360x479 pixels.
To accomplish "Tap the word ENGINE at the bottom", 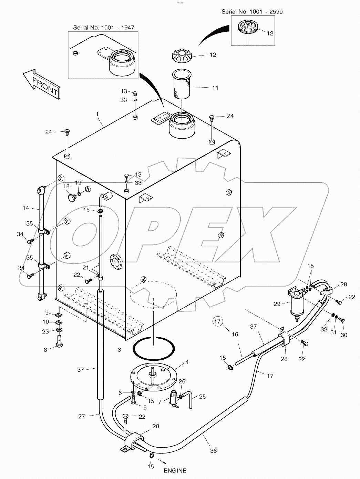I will [175, 470].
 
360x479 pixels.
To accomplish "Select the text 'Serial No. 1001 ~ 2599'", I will [252, 12].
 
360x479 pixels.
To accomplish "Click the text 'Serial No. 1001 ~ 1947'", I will [103, 28].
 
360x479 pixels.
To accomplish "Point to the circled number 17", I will [217, 322].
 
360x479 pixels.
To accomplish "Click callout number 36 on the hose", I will [213, 450].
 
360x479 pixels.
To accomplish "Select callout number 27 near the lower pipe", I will [81, 416].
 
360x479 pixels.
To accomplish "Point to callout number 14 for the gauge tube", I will [25, 208].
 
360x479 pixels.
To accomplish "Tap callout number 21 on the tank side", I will [85, 268].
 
